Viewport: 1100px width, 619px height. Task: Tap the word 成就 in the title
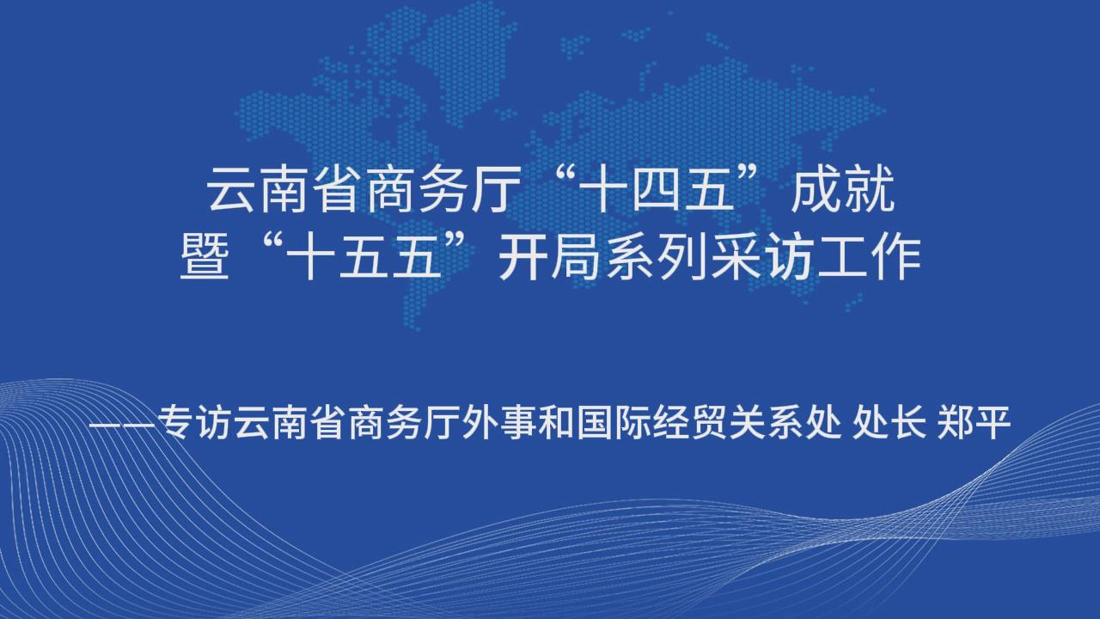(x=843, y=189)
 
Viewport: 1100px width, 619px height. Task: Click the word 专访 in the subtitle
(x=194, y=422)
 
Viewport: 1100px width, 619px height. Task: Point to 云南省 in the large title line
(x=283, y=189)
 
